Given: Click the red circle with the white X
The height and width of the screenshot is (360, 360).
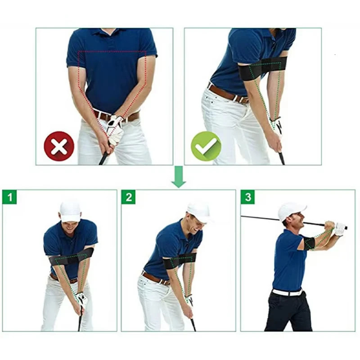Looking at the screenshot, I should pos(59,146).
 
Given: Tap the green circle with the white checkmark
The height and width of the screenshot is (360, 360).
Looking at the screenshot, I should pos(206,146).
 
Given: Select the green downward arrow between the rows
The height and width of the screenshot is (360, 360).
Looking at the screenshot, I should pos(179,176).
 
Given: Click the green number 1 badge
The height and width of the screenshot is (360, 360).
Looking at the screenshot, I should pos(9,197).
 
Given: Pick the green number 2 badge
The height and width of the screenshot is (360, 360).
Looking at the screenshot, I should pos(128,197).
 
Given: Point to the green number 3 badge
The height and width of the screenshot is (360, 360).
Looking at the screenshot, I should pos(247,197).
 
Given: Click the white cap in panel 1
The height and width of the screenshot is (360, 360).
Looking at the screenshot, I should pos(70,211).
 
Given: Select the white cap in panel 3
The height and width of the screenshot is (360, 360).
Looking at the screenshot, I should pos(291,210).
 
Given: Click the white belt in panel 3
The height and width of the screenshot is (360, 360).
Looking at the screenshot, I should pos(287,292).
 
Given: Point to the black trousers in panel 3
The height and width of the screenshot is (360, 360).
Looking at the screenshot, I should pos(288,313).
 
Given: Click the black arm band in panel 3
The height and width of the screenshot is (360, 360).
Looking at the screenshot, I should pos(309,243).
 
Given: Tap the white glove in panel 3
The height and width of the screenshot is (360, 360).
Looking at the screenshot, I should pos(339,229).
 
